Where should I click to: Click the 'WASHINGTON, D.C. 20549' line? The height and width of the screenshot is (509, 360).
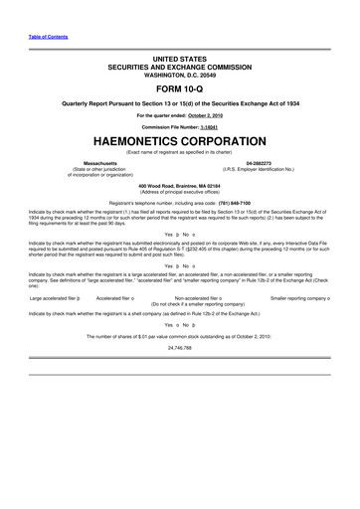point(179,73)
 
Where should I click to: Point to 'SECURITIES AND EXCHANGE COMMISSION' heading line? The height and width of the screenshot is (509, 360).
point(179,66)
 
